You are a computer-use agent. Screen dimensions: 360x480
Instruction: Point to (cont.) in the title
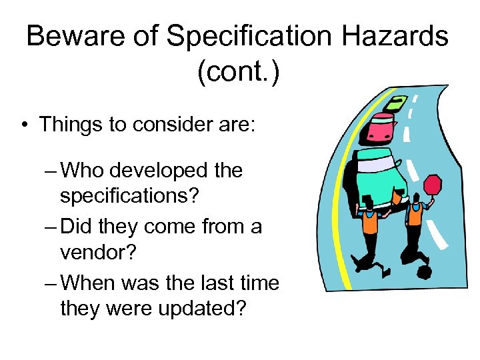pos(238,71)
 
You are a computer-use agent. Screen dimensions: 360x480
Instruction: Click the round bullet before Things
pos(24,125)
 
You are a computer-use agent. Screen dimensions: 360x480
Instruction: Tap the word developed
pos(163,171)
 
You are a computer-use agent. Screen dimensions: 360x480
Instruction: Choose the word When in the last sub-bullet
pos(89,283)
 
